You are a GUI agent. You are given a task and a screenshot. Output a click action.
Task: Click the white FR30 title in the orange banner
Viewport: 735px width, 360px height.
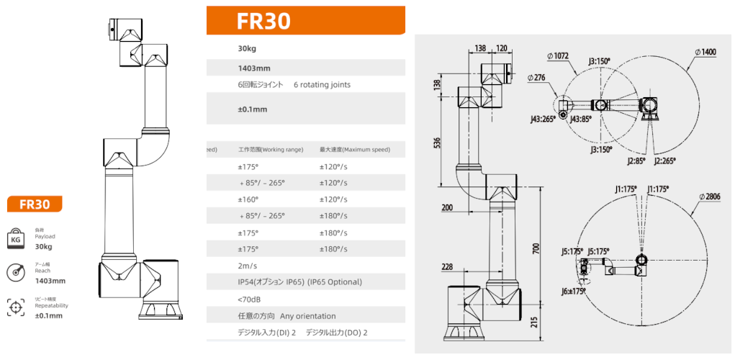point(263,22)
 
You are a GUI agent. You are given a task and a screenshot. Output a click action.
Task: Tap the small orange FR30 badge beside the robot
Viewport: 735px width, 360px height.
point(35,204)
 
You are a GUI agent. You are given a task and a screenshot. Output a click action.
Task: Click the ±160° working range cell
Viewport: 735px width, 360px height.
point(248,199)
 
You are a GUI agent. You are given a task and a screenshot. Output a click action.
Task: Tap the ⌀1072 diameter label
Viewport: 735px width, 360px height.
point(558,55)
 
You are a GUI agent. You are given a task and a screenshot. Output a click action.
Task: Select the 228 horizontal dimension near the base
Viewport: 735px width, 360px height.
point(446,266)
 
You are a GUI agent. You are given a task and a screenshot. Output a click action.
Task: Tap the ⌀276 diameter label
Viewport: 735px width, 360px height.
point(538,77)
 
